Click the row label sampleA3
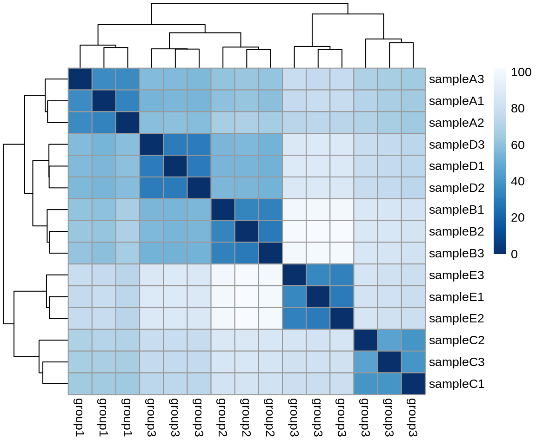pos(456,79)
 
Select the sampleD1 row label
pos(456,166)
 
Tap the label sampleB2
pos(456,231)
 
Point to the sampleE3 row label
pos(456,275)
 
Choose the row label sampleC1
pos(456,384)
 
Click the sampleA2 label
pos(456,123)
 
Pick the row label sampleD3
pos(456,144)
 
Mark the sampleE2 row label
pos(456,319)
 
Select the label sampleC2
pos(456,341)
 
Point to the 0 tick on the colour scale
pos(514,254)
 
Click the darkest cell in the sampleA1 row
pos(104,101)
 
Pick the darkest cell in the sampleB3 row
pos(270,253)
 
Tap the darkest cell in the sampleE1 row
pos(318,297)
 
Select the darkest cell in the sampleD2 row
pos(199,188)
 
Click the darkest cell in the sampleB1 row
pos(223,210)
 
